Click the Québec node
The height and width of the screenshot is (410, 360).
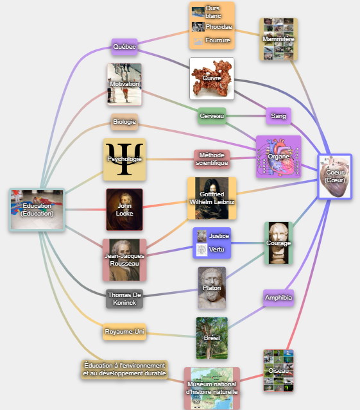coord(124,47)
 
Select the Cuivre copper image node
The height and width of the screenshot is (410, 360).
coord(212,78)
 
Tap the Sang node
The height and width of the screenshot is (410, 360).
coord(279,116)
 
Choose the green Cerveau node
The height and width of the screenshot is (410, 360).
coord(212,116)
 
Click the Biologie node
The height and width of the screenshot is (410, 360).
coord(124,122)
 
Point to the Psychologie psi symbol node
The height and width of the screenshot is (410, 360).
coord(124,159)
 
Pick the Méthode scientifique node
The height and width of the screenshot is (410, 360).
coord(212,159)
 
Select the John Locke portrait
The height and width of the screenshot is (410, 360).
coord(124,209)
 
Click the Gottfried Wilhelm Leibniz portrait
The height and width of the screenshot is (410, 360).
coord(212,198)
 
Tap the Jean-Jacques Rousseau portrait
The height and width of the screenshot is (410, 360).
coord(124,260)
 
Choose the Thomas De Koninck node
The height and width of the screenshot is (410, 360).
coord(124,298)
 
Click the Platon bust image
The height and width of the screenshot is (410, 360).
coord(212,288)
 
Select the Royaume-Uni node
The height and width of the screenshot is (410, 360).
coord(124,332)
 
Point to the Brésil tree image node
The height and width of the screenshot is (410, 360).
coord(212,338)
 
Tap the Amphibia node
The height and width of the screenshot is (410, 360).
coord(279,298)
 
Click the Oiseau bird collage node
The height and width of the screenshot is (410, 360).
coord(279,370)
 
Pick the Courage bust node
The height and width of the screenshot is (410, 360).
coord(279,243)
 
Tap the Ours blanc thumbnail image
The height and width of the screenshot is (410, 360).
coord(198,12)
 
